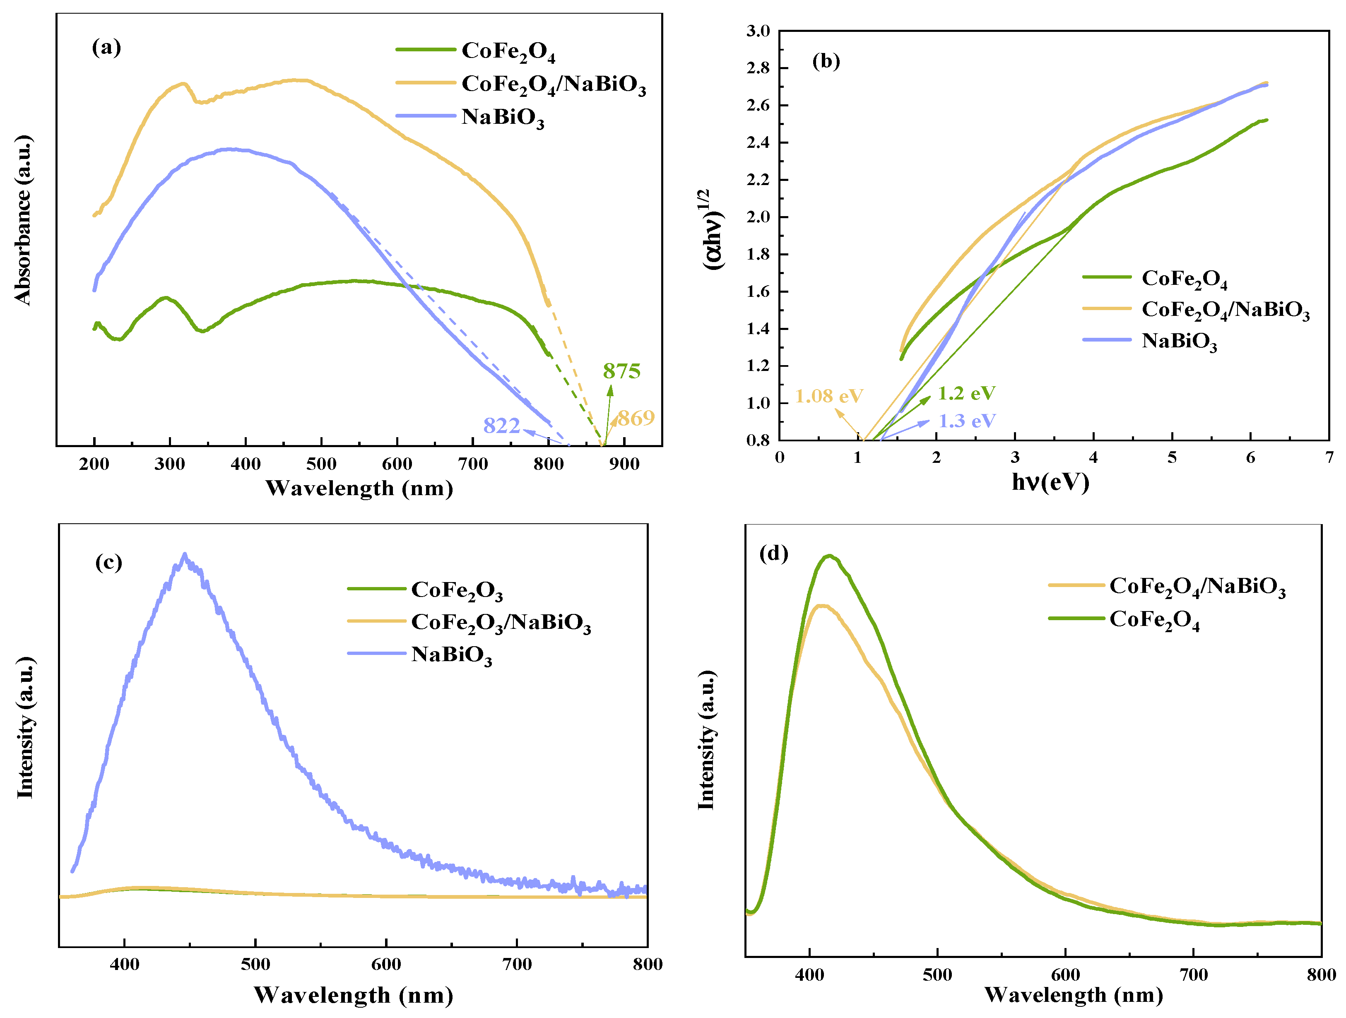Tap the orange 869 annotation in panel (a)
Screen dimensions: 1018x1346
tap(636, 418)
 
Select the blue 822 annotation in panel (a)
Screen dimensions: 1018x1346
tap(501, 425)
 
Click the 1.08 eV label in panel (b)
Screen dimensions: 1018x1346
tap(829, 396)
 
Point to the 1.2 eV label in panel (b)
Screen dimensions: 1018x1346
tap(966, 393)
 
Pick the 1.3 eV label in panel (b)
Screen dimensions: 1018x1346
tap(967, 421)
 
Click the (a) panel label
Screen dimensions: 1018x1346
tap(106, 47)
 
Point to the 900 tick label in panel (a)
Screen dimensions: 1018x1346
tap(624, 464)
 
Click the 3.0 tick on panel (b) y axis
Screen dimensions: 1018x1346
tap(758, 31)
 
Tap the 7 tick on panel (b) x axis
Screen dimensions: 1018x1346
tap(1329, 457)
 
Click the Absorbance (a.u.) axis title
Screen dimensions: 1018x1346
tap(23, 220)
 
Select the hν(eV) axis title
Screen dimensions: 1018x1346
tap(1050, 482)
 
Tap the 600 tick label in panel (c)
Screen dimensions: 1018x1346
tap(386, 965)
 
